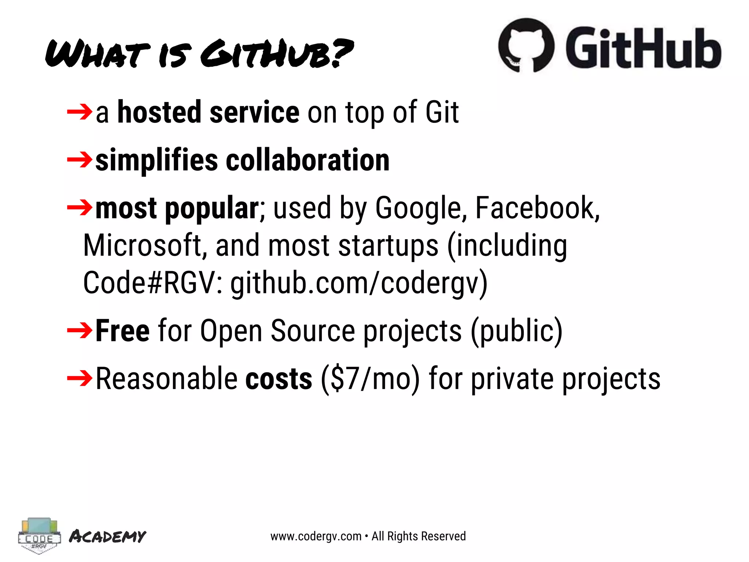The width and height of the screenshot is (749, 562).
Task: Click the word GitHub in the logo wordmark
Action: [643, 48]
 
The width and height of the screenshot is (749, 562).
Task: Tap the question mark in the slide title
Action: [342, 53]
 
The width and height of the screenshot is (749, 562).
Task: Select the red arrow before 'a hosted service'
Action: [80, 112]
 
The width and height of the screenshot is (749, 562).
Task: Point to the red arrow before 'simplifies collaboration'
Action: [80, 160]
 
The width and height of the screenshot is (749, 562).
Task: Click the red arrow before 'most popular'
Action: [80, 207]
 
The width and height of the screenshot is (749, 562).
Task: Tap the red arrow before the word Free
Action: [80, 330]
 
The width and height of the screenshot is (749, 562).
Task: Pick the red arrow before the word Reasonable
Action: [80, 378]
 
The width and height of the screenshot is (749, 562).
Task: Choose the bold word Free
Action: [123, 331]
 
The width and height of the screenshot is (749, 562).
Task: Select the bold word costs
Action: [279, 379]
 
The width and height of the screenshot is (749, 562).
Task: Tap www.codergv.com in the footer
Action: [316, 536]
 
